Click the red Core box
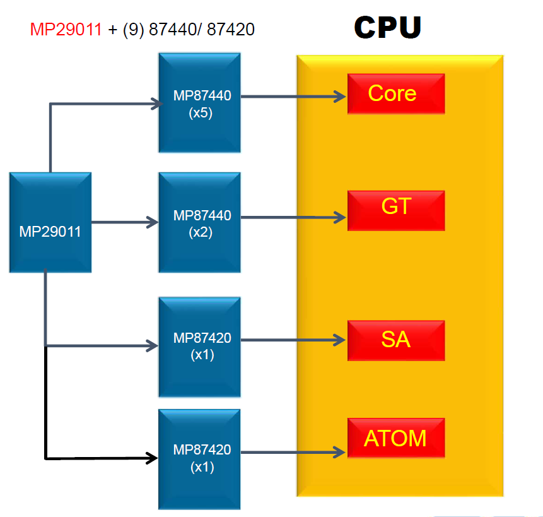(x=396, y=93)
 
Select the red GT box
(x=396, y=210)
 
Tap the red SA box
(x=396, y=340)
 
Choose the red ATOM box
(x=396, y=437)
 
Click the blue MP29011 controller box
(x=50, y=223)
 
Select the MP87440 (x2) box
(x=199, y=223)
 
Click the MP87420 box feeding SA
(x=199, y=347)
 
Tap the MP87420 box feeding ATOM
(x=199, y=459)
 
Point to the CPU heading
(x=387, y=27)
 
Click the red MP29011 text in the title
(x=66, y=29)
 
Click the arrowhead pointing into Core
(x=341, y=97)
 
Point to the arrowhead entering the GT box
(x=341, y=218)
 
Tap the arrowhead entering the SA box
(x=341, y=340)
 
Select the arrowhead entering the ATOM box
(x=341, y=451)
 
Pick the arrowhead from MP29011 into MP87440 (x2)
(x=153, y=222)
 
